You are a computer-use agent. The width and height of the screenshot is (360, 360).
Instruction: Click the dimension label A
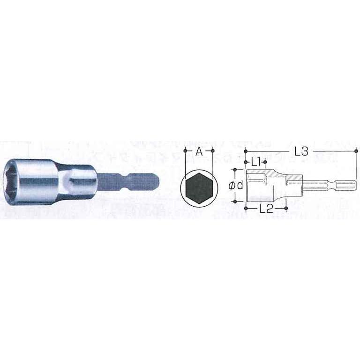(199, 151)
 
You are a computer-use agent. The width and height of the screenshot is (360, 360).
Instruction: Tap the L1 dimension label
(255, 163)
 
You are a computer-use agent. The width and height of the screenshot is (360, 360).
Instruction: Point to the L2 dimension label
(266, 209)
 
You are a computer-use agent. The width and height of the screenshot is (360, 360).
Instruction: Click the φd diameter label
(236, 186)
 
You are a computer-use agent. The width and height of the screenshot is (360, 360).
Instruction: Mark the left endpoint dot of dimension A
(185, 151)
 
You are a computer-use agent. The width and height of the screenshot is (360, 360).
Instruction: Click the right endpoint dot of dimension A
(213, 151)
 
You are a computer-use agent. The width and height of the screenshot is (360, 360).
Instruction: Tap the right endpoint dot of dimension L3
(356, 151)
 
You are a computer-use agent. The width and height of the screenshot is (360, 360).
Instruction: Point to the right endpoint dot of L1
(265, 163)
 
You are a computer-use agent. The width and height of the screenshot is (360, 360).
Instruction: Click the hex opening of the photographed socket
(17, 181)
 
